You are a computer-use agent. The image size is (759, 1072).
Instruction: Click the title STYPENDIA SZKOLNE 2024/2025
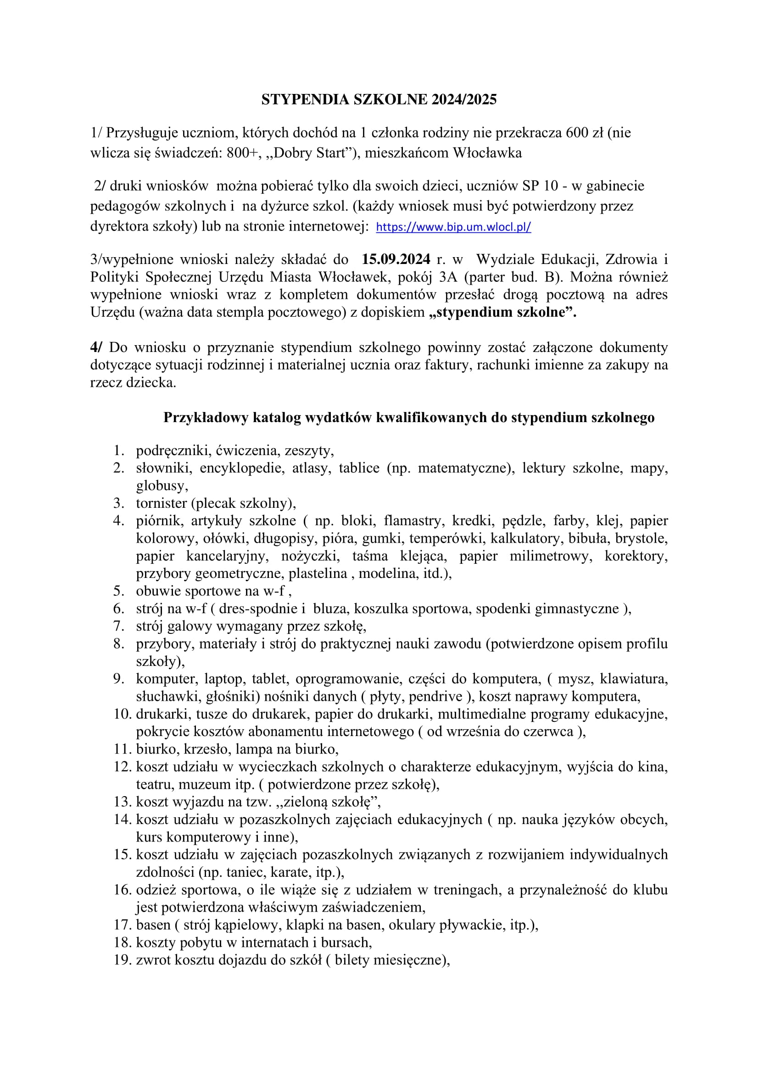[379, 99]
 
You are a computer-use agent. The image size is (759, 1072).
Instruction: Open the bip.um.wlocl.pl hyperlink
[453, 227]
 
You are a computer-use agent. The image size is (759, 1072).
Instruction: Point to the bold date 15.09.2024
[396, 259]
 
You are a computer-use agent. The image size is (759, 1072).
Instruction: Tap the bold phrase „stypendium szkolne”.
[502, 313]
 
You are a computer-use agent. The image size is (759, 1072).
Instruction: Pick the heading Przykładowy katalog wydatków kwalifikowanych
[408, 418]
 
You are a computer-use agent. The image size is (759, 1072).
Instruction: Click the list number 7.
[119, 626]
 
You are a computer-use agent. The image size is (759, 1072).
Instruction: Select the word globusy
[162, 486]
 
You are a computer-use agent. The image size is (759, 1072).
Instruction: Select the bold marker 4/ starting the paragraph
[97, 347]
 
